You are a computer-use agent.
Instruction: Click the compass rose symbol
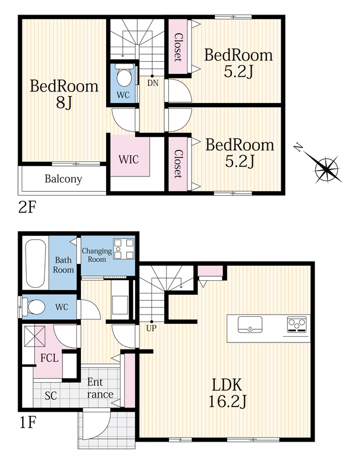pyautogui.click(x=326, y=168)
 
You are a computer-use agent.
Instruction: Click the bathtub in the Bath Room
pyautogui.click(x=36, y=263)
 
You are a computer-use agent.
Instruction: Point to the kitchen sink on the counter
pyautogui.click(x=250, y=324)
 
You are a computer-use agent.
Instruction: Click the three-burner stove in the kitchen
pyautogui.click(x=297, y=324)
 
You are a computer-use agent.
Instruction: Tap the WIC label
pyautogui.click(x=129, y=159)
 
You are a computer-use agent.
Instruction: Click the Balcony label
pyautogui.click(x=63, y=179)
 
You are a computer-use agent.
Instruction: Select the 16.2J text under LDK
pyautogui.click(x=227, y=402)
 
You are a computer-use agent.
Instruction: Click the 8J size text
pyautogui.click(x=64, y=103)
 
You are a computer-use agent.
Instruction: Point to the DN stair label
pyautogui.click(x=153, y=83)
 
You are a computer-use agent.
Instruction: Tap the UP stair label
pyautogui.click(x=151, y=329)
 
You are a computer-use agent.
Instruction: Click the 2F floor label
pyautogui.click(x=27, y=207)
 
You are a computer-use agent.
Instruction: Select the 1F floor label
pyautogui.click(x=28, y=422)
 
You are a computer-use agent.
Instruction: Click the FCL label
pyautogui.click(x=50, y=358)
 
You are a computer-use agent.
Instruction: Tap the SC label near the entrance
pyautogui.click(x=51, y=396)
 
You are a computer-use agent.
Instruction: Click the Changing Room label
pyautogui.click(x=97, y=255)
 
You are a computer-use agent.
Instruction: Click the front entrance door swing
pyautogui.click(x=96, y=424)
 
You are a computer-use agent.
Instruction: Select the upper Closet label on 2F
pyautogui.click(x=178, y=47)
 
